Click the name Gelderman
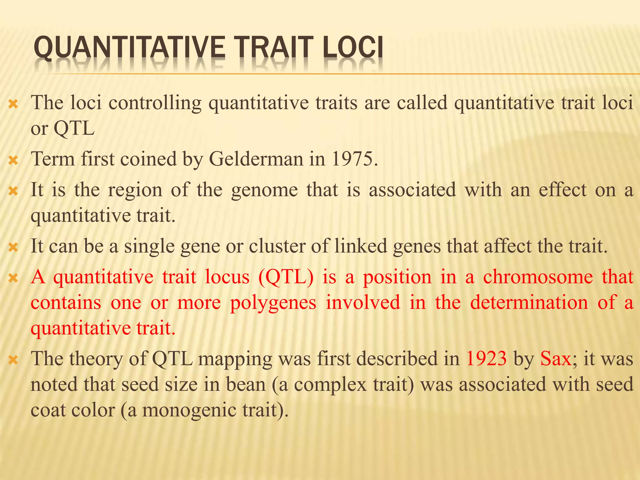256,159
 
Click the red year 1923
486,358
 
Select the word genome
264,190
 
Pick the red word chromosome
538,277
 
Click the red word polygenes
273,302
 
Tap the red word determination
529,302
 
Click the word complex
330,384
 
